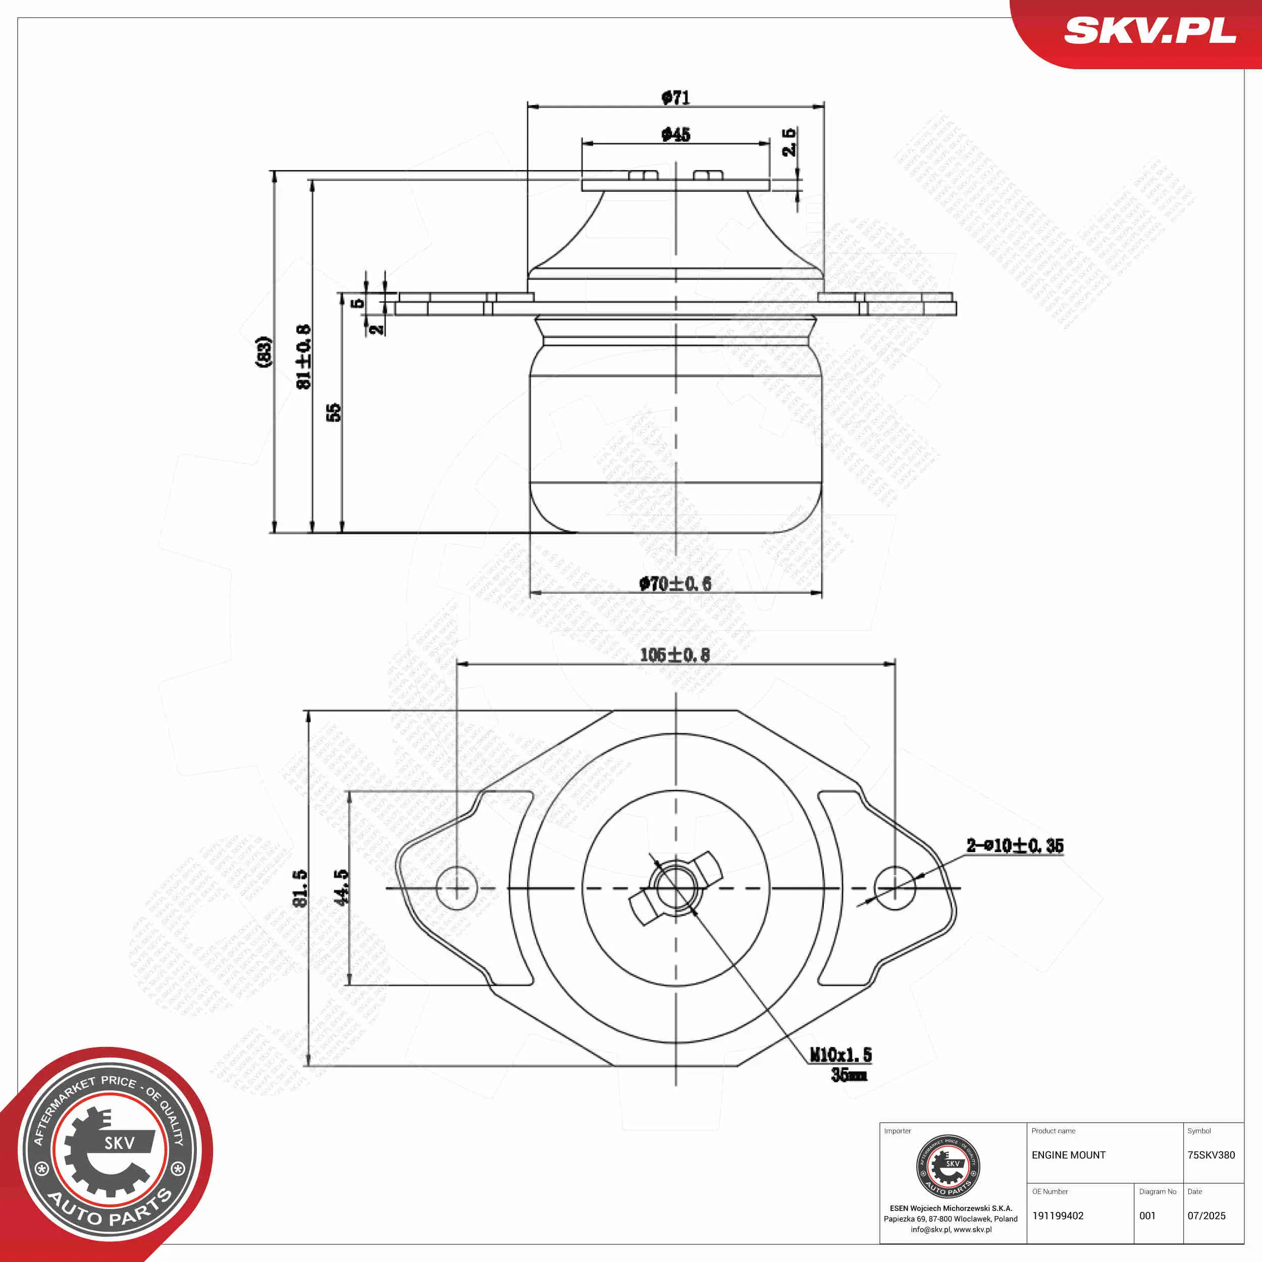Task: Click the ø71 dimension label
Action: (x=675, y=98)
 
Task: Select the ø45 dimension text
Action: (x=675, y=135)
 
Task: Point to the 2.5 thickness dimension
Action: (x=789, y=142)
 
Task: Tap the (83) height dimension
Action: (x=263, y=351)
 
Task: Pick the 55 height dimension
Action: (x=333, y=412)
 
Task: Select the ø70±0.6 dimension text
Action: (x=675, y=584)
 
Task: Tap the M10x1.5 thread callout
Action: (x=840, y=1055)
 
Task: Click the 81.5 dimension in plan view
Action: (x=300, y=888)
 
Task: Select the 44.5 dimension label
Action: (x=341, y=887)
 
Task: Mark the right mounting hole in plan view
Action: (x=894, y=888)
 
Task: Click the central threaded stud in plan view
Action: (x=675, y=888)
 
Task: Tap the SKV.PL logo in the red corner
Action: (x=1149, y=31)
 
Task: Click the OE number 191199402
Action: (x=1058, y=1216)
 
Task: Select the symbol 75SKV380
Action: (x=1211, y=1155)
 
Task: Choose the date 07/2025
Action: (x=1206, y=1216)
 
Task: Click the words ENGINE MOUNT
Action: (x=1068, y=1155)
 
